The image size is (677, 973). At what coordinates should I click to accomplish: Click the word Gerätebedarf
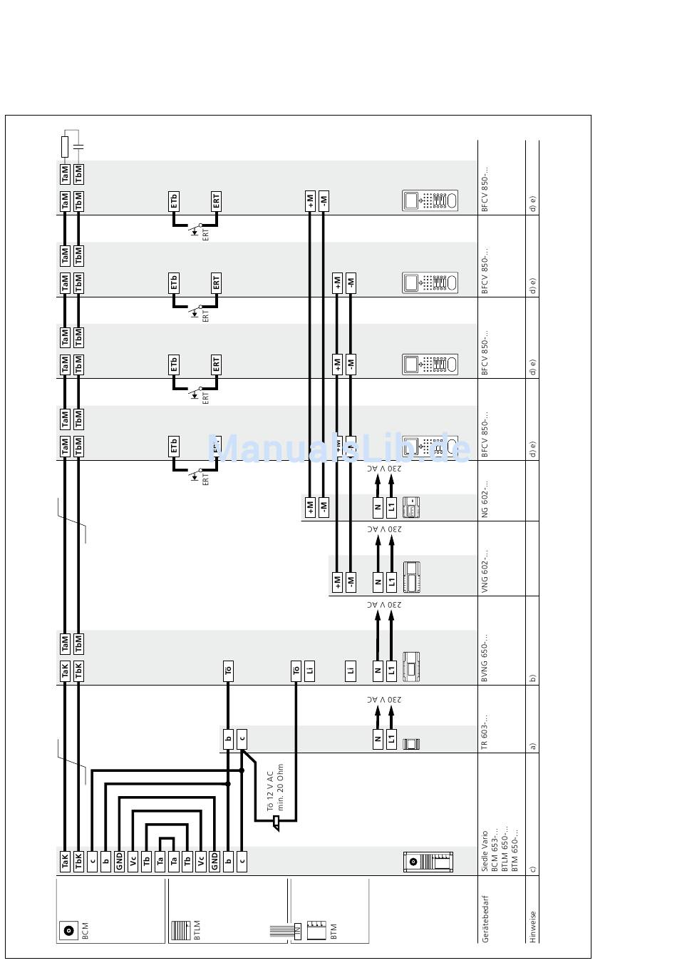coord(486,919)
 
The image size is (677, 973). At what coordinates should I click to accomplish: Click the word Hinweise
coord(532,927)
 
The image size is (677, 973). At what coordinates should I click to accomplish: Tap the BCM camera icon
coord(68,930)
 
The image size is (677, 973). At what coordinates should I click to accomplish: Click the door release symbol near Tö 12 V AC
coord(276,825)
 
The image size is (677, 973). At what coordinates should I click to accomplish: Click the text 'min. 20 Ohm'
coord(281,788)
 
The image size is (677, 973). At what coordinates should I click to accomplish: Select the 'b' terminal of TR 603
coord(228,739)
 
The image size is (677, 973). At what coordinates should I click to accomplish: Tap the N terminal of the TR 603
coord(378,739)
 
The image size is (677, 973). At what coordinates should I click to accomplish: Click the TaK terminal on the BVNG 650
coord(65,671)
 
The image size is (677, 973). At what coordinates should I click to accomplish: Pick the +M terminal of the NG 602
coord(310,508)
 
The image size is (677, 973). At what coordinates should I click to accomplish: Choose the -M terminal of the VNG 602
coord(351,581)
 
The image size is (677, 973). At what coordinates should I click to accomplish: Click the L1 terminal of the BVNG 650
coord(391,671)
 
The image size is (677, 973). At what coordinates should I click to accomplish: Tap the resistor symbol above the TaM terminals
coord(65,148)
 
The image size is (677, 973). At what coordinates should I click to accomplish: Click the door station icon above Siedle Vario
coord(428,861)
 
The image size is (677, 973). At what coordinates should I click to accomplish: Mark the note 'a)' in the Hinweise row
coord(532,747)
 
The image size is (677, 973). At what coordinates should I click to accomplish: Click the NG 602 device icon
coord(411,508)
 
